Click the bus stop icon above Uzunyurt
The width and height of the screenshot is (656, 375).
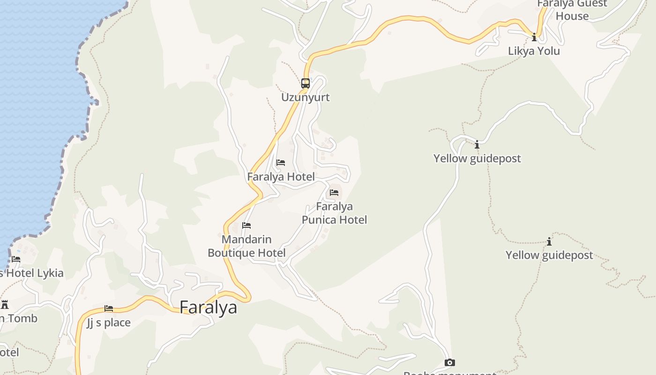tap(306, 83)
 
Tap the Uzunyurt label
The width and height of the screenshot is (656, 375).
tap(306, 97)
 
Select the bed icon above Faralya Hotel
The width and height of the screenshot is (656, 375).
tap(281, 163)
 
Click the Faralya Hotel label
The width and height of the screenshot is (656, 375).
tap(281, 177)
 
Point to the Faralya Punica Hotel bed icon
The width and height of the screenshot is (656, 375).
tap(334, 192)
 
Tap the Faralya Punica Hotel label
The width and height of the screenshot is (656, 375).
tap(334, 213)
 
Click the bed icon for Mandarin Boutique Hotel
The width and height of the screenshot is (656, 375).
tap(246, 225)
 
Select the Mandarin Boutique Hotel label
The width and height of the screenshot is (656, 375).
tap(246, 246)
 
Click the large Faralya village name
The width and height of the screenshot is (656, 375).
tap(208, 307)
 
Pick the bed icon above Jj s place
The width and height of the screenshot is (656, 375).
tap(109, 308)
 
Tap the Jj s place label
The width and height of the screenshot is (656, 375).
tap(109, 323)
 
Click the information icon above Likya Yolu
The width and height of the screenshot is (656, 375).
tap(534, 37)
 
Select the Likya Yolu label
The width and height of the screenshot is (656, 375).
tap(534, 51)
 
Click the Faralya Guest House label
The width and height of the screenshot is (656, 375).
tap(572, 10)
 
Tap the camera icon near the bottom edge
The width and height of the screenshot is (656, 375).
tap(449, 362)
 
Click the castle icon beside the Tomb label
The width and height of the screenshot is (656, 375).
tap(5, 305)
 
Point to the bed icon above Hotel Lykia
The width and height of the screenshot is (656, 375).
tap(16, 259)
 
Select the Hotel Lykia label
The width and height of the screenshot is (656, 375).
tap(33, 273)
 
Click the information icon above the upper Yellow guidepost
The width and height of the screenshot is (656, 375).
tap(477, 144)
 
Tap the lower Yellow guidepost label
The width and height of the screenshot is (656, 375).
tap(549, 255)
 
